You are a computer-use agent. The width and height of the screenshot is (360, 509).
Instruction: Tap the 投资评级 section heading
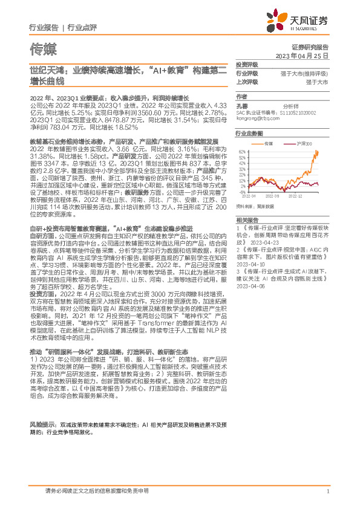point(247,64)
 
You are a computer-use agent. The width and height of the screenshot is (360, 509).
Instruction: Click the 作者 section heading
point(242,96)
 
